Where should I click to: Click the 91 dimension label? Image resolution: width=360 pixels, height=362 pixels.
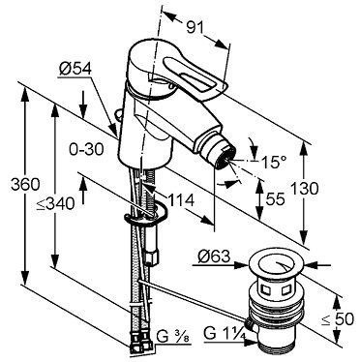pos(195,28)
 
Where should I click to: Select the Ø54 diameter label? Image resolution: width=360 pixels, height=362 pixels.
pos(75,69)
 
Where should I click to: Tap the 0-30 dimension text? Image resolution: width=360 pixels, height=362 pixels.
pos(86,149)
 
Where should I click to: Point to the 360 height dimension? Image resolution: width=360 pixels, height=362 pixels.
pos(25,185)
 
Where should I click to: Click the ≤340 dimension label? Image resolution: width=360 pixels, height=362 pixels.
pos(55,203)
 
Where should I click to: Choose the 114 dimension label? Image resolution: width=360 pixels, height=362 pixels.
pos(180,200)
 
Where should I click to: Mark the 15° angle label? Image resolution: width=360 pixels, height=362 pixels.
pos(274,162)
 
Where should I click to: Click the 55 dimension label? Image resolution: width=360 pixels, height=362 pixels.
pos(275,199)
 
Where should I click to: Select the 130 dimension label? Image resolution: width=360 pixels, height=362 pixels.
pos(304,189)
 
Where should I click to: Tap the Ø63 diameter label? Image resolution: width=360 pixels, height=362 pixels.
pos(214,256)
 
